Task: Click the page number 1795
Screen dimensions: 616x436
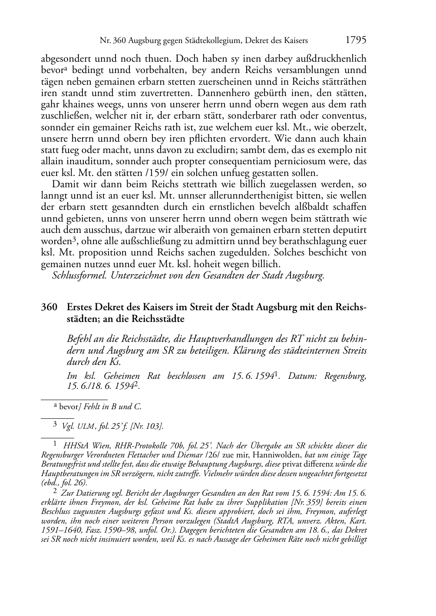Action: [x=356, y=40]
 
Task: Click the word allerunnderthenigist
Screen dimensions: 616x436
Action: [x=246, y=195]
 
